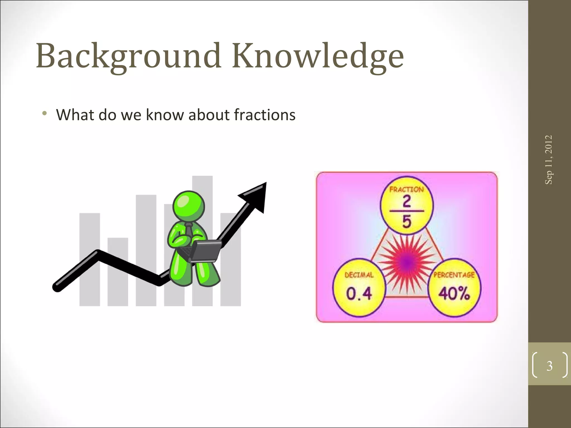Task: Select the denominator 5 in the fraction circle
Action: [407, 222]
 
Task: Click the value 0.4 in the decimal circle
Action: [359, 293]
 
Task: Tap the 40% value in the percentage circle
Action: [454, 293]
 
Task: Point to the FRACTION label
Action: [407, 190]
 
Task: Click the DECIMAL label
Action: [359, 275]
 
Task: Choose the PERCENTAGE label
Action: [454, 275]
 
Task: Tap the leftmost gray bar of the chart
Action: [89, 259]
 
